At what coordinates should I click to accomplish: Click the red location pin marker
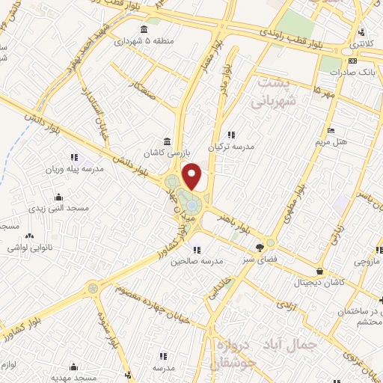(x=193, y=176)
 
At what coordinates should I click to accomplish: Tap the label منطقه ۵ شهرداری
(x=143, y=42)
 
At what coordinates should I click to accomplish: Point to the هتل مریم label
(x=330, y=141)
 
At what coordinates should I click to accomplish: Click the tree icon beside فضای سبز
(x=260, y=247)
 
